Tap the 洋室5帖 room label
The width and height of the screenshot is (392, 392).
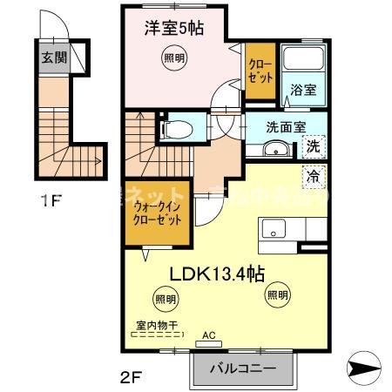[174, 29]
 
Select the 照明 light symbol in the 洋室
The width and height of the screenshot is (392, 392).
[174, 59]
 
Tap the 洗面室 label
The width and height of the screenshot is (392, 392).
[286, 125]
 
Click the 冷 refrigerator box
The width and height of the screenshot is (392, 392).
[313, 176]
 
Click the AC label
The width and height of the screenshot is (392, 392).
[208, 335]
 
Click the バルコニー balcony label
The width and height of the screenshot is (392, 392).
[243, 368]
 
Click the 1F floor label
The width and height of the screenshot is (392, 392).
[51, 199]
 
